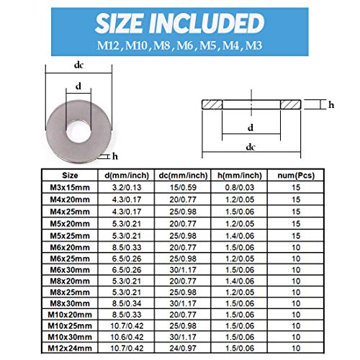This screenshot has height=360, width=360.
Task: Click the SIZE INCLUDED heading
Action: tap(180, 22)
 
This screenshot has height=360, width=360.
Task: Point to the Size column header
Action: tap(71, 174)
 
